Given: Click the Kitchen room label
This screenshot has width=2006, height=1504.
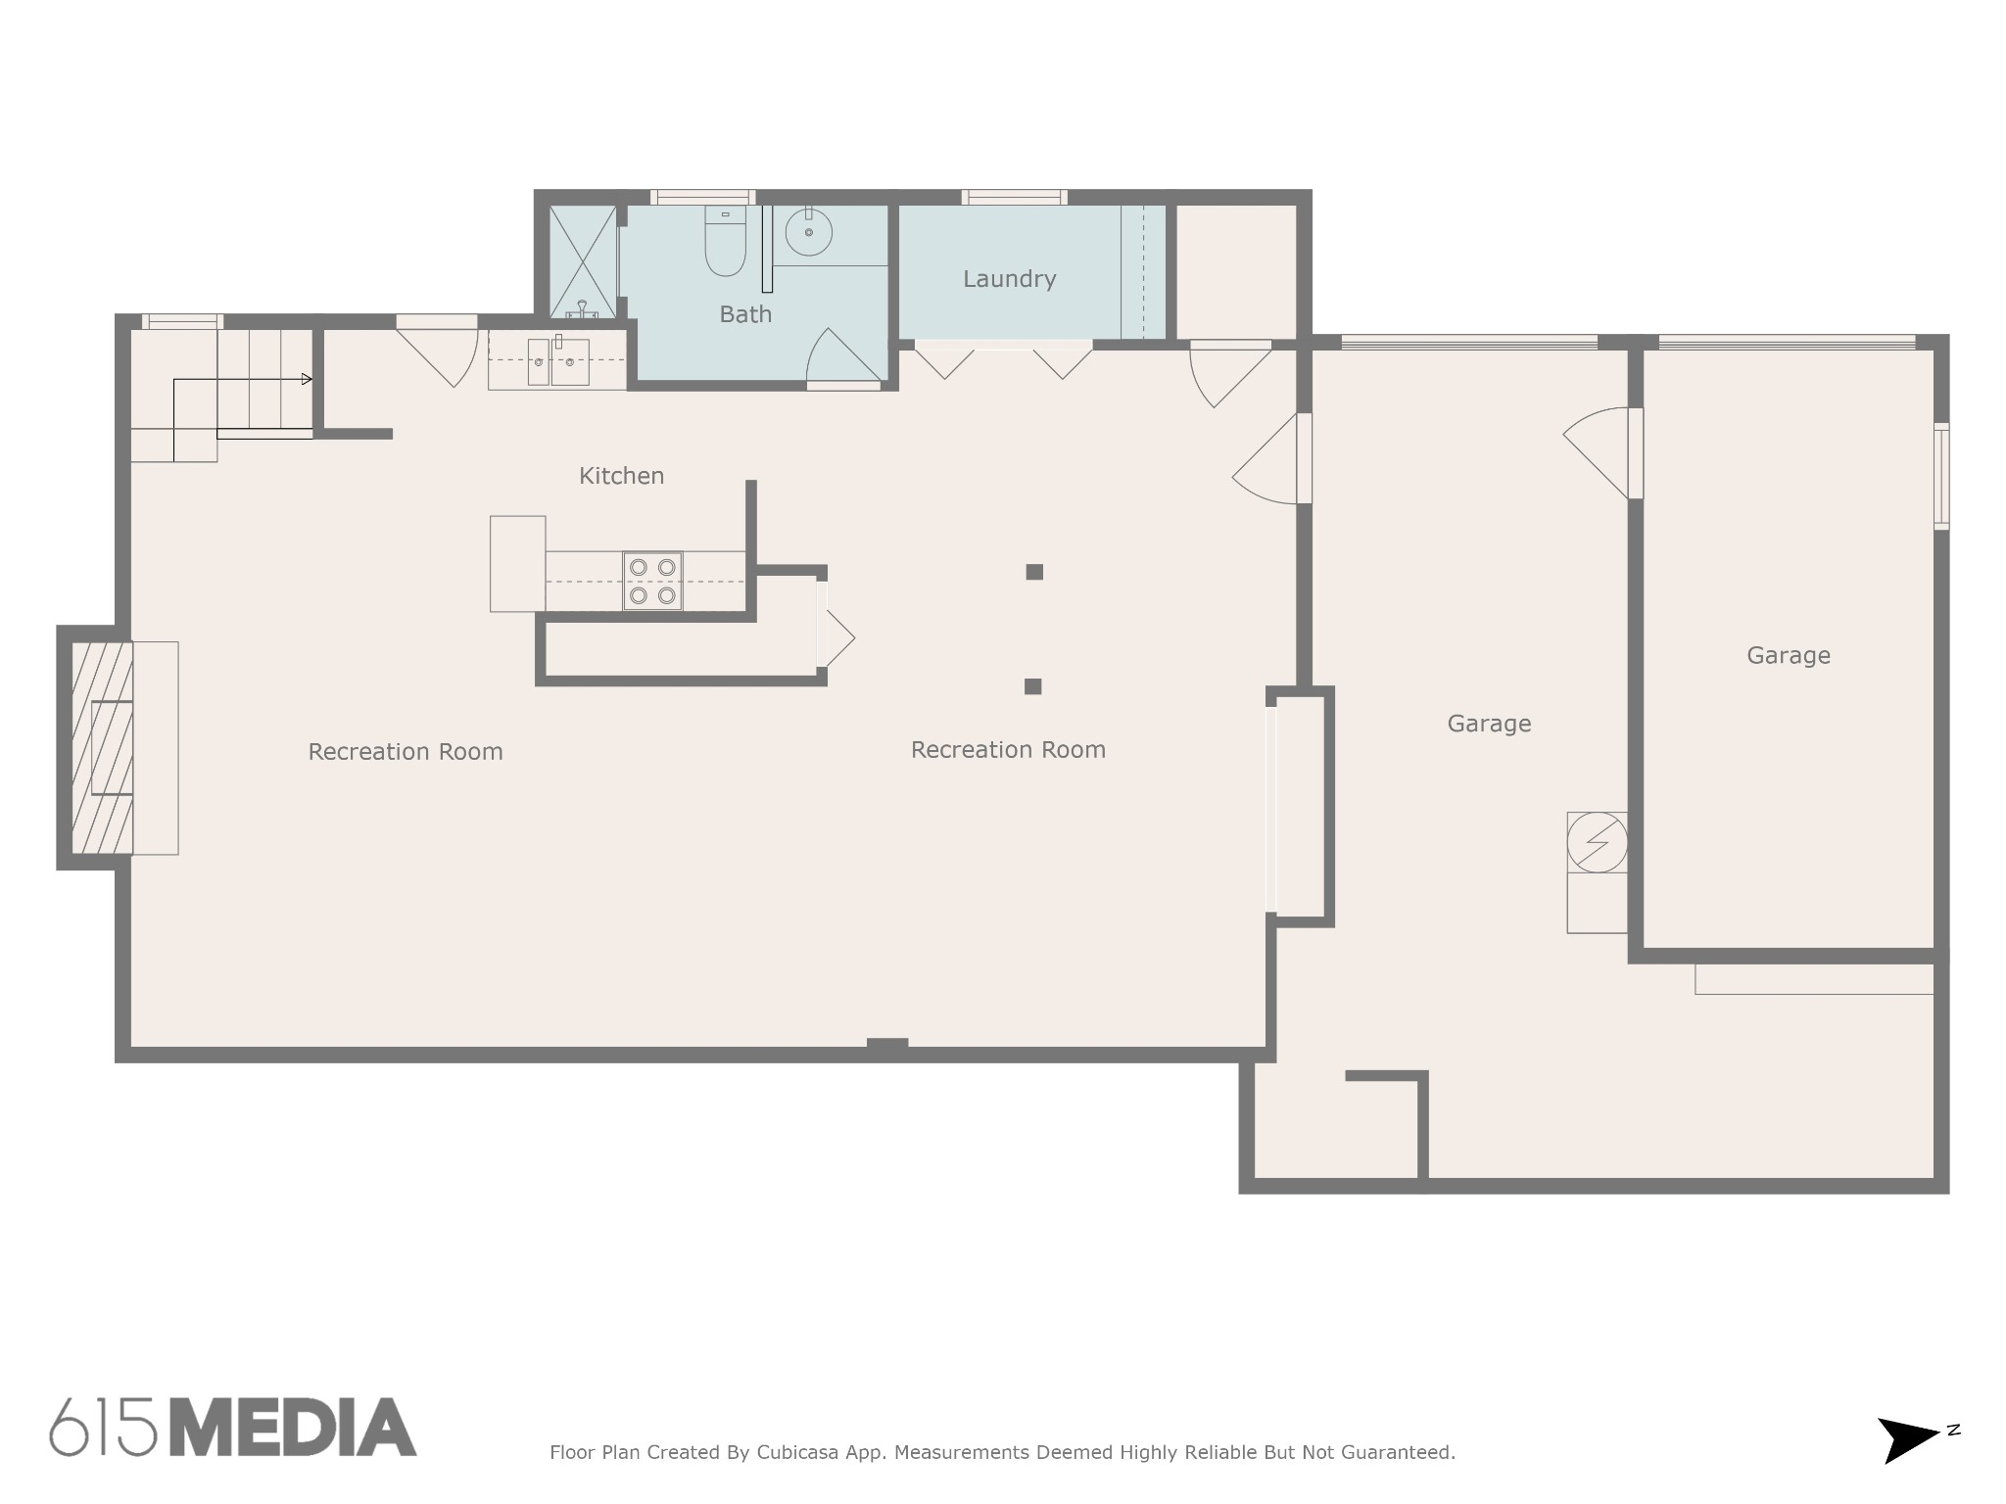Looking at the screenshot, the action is (x=621, y=476).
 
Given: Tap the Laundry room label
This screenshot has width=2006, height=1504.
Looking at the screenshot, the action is (x=1009, y=280).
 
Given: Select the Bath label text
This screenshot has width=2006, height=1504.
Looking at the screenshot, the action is (x=745, y=314).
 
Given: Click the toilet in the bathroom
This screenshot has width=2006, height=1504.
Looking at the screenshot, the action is (x=725, y=241).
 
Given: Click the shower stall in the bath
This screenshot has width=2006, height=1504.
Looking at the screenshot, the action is (x=583, y=261).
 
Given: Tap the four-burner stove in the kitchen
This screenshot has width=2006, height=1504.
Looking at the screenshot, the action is (x=652, y=581).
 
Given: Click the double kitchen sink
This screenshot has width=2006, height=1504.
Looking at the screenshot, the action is (x=557, y=361).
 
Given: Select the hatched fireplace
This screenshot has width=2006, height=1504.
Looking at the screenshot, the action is (x=102, y=747).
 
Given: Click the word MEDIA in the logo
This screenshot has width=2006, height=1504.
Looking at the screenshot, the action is (x=294, y=1428).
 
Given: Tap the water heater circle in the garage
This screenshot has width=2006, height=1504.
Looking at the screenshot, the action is (x=1597, y=841).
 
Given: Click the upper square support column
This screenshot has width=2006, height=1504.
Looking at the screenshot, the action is (x=1034, y=572).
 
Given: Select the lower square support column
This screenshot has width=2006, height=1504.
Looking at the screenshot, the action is (x=1032, y=686).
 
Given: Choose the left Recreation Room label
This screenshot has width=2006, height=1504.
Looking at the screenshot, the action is (x=406, y=752).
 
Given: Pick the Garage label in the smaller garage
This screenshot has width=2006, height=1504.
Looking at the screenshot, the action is (x=1789, y=656).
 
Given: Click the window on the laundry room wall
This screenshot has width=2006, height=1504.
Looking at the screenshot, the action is (x=1014, y=197).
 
